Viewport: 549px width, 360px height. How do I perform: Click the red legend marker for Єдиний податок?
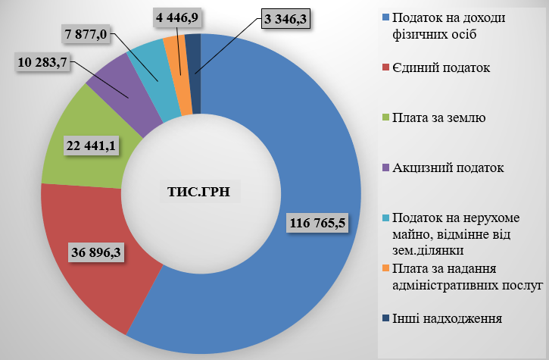click(386, 67)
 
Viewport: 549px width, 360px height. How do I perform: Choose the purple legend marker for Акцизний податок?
click(386, 167)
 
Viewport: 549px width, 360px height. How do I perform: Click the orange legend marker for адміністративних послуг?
click(386, 269)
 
